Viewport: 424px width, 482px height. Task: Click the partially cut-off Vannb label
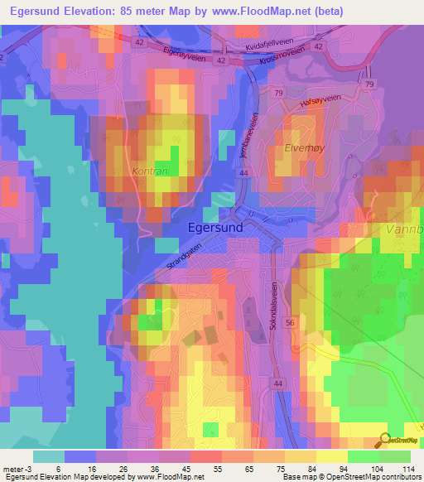click(x=406, y=228)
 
